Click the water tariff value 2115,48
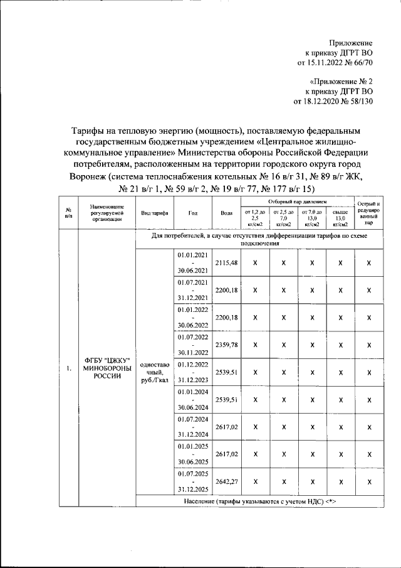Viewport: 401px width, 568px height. [x=226, y=262]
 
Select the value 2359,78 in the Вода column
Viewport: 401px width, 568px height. [x=226, y=344]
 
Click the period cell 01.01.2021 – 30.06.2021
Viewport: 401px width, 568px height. [x=192, y=262]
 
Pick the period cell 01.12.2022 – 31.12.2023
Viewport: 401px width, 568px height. [x=192, y=372]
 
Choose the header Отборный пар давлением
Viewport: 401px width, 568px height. [x=297, y=202]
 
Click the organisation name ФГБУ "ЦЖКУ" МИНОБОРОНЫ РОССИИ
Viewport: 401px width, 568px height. [x=106, y=372]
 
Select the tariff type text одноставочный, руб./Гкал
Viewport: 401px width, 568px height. [x=154, y=372]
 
